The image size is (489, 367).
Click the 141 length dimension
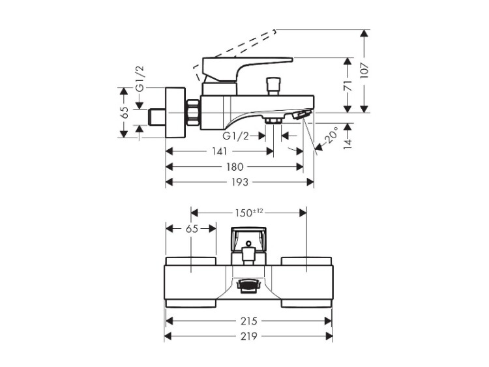[219, 151]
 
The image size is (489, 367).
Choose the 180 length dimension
[235, 167]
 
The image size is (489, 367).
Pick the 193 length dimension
[240, 183]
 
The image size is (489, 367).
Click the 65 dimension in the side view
[124, 112]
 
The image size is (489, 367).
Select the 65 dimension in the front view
[191, 229]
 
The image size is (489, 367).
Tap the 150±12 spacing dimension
[248, 212]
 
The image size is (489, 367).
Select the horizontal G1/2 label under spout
[235, 136]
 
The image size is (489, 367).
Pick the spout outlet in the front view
[248, 285]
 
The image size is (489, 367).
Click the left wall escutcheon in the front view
[191, 282]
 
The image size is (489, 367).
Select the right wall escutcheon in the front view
[306, 282]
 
